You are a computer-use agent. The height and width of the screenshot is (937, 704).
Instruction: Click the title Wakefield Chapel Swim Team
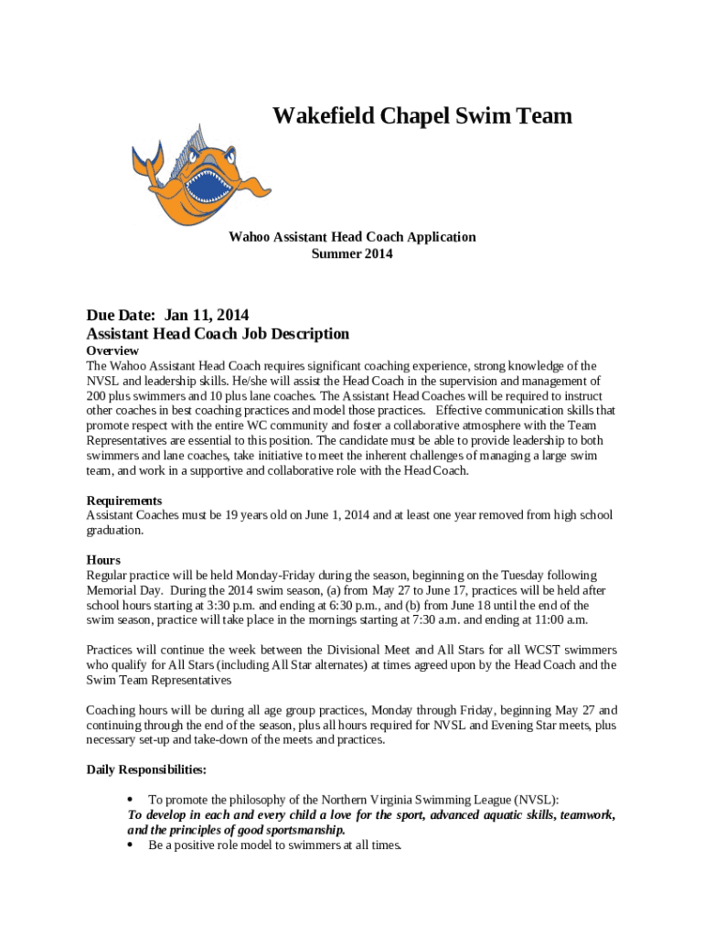tap(422, 116)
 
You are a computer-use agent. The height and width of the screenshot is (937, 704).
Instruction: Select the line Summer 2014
tap(352, 253)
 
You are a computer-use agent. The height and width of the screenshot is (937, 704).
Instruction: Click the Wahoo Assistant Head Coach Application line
tap(352, 237)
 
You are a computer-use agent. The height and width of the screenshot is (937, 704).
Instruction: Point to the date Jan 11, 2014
tap(207, 316)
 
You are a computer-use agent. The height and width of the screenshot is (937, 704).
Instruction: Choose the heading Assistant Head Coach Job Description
tap(218, 334)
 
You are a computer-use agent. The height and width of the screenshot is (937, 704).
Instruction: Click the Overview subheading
tap(112, 351)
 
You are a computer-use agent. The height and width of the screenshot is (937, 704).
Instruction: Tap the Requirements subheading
tap(124, 501)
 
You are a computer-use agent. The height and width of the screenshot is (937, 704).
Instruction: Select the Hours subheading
tap(103, 560)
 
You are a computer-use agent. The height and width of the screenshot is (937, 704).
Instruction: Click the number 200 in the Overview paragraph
tap(97, 395)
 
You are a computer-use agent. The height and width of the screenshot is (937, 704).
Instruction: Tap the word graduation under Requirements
tap(114, 530)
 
